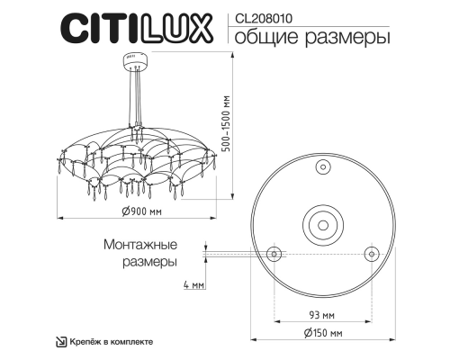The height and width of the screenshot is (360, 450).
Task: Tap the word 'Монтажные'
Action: click(x=140, y=245)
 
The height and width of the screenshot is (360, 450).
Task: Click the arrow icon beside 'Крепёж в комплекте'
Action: click(x=61, y=342)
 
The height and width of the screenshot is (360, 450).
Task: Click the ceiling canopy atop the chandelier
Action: click(x=132, y=61)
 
